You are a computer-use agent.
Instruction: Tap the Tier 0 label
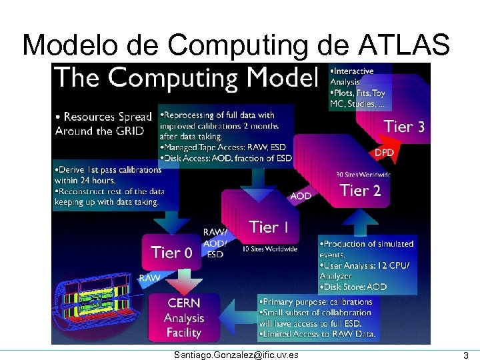pos(172,252)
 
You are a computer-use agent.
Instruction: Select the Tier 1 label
pos(269,227)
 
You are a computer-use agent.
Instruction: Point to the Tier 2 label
pos(360,190)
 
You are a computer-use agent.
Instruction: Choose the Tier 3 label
pos(404,126)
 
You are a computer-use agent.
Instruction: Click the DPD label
pos(384,153)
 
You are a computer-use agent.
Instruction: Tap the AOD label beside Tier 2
pos(300,196)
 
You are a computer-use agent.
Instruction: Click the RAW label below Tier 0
pos(149,277)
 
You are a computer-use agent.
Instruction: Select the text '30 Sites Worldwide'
pos(364,175)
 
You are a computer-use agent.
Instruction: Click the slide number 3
pos(465,355)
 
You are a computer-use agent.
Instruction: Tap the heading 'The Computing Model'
pos(183,78)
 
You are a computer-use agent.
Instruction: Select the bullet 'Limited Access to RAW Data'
pos(319,333)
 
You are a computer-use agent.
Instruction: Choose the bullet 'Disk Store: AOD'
pos(355,287)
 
